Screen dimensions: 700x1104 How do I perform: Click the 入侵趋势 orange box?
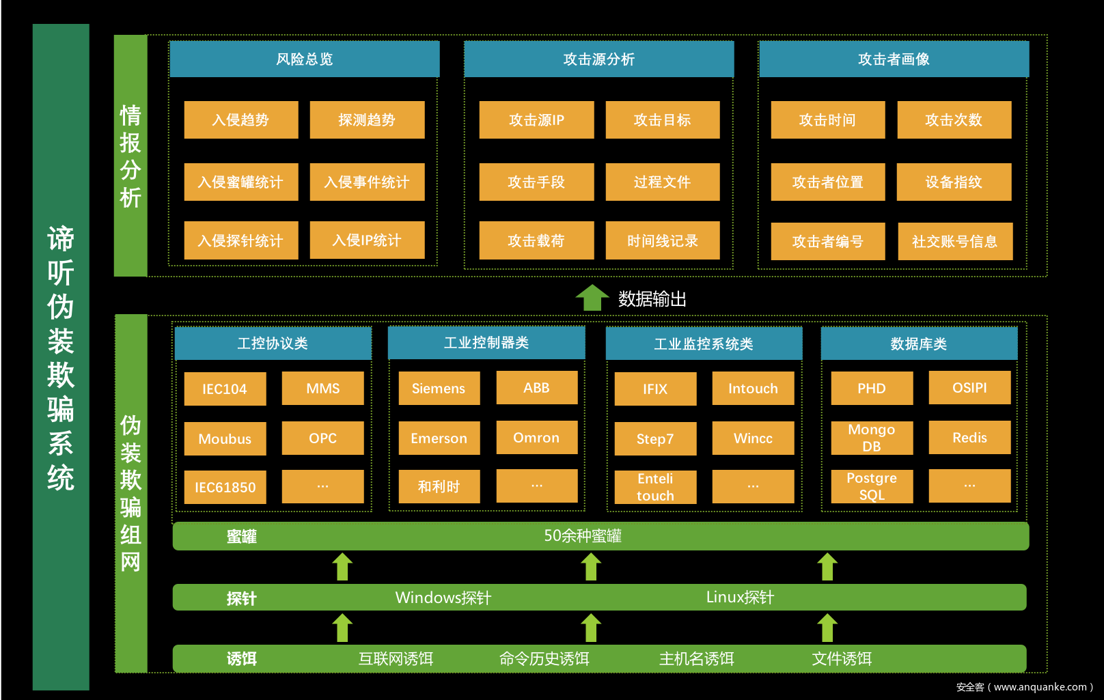click(x=240, y=120)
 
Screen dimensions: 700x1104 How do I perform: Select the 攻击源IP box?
click(x=536, y=120)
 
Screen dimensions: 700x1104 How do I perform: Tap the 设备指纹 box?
click(x=954, y=182)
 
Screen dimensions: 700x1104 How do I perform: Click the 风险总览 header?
click(x=304, y=59)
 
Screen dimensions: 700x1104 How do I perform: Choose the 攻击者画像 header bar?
click(x=894, y=59)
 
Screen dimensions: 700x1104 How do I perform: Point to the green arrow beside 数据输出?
click(x=592, y=298)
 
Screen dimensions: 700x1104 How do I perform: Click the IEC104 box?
click(x=225, y=389)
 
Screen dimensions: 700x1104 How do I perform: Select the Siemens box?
click(x=439, y=389)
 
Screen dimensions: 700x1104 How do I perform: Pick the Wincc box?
click(x=753, y=438)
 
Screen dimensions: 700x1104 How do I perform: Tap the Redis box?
click(x=969, y=438)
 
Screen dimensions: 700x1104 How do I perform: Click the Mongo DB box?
click(x=872, y=438)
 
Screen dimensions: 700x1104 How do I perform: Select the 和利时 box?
click(x=439, y=487)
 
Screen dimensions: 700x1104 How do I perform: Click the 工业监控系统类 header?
click(x=704, y=344)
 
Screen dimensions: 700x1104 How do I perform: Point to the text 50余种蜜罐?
click(x=583, y=536)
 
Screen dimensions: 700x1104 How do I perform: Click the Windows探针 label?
click(x=443, y=598)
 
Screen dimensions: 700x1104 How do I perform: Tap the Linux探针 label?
click(x=740, y=598)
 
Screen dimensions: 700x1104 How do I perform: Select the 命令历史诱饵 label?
click(x=544, y=659)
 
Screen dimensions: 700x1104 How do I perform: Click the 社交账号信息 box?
click(x=954, y=242)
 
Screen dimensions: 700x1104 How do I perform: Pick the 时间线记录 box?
click(x=662, y=241)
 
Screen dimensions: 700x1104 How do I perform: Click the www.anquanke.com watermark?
click(x=1025, y=687)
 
